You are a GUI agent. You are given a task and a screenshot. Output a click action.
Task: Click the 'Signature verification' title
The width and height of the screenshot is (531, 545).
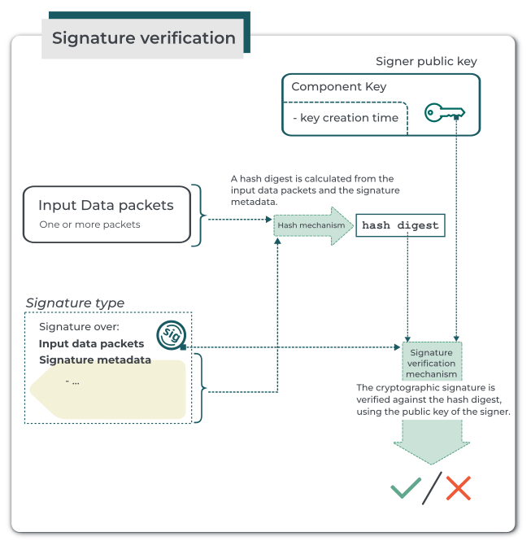[x=143, y=38]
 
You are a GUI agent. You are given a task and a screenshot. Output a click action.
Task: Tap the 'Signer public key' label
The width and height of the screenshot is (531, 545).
[x=426, y=62]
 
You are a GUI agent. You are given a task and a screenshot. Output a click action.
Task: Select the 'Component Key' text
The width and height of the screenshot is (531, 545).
[x=338, y=87]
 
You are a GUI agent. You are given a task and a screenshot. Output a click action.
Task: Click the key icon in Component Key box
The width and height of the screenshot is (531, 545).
[x=444, y=113]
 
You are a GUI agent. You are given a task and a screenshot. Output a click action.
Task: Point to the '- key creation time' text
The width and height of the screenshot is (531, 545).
[x=345, y=118]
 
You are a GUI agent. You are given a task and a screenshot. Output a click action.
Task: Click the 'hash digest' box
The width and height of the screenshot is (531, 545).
[x=400, y=225]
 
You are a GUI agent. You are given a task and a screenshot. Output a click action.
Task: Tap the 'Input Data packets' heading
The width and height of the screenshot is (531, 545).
[x=106, y=206]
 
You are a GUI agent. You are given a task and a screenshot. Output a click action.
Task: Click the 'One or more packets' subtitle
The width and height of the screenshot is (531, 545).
[x=89, y=225]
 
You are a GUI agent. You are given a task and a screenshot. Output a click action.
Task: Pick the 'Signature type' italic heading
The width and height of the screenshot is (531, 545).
[x=75, y=303]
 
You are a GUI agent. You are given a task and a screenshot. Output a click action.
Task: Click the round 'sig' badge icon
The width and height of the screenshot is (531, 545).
[x=172, y=334]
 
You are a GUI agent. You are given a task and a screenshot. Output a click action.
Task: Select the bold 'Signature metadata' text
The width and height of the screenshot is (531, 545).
[x=94, y=360]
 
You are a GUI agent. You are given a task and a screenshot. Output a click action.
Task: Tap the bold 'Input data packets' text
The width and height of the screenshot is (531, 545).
[x=91, y=343]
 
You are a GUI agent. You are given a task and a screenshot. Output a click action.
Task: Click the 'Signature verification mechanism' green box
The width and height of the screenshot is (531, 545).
[x=431, y=363]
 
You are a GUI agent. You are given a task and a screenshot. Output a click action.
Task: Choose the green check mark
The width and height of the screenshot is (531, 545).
[x=406, y=488]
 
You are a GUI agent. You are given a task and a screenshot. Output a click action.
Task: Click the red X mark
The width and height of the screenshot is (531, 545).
[x=458, y=489]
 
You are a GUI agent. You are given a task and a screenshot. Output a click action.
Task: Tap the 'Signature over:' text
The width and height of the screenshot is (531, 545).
[x=79, y=327]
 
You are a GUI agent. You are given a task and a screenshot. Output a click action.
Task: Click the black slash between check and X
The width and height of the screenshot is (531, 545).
[x=433, y=488]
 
